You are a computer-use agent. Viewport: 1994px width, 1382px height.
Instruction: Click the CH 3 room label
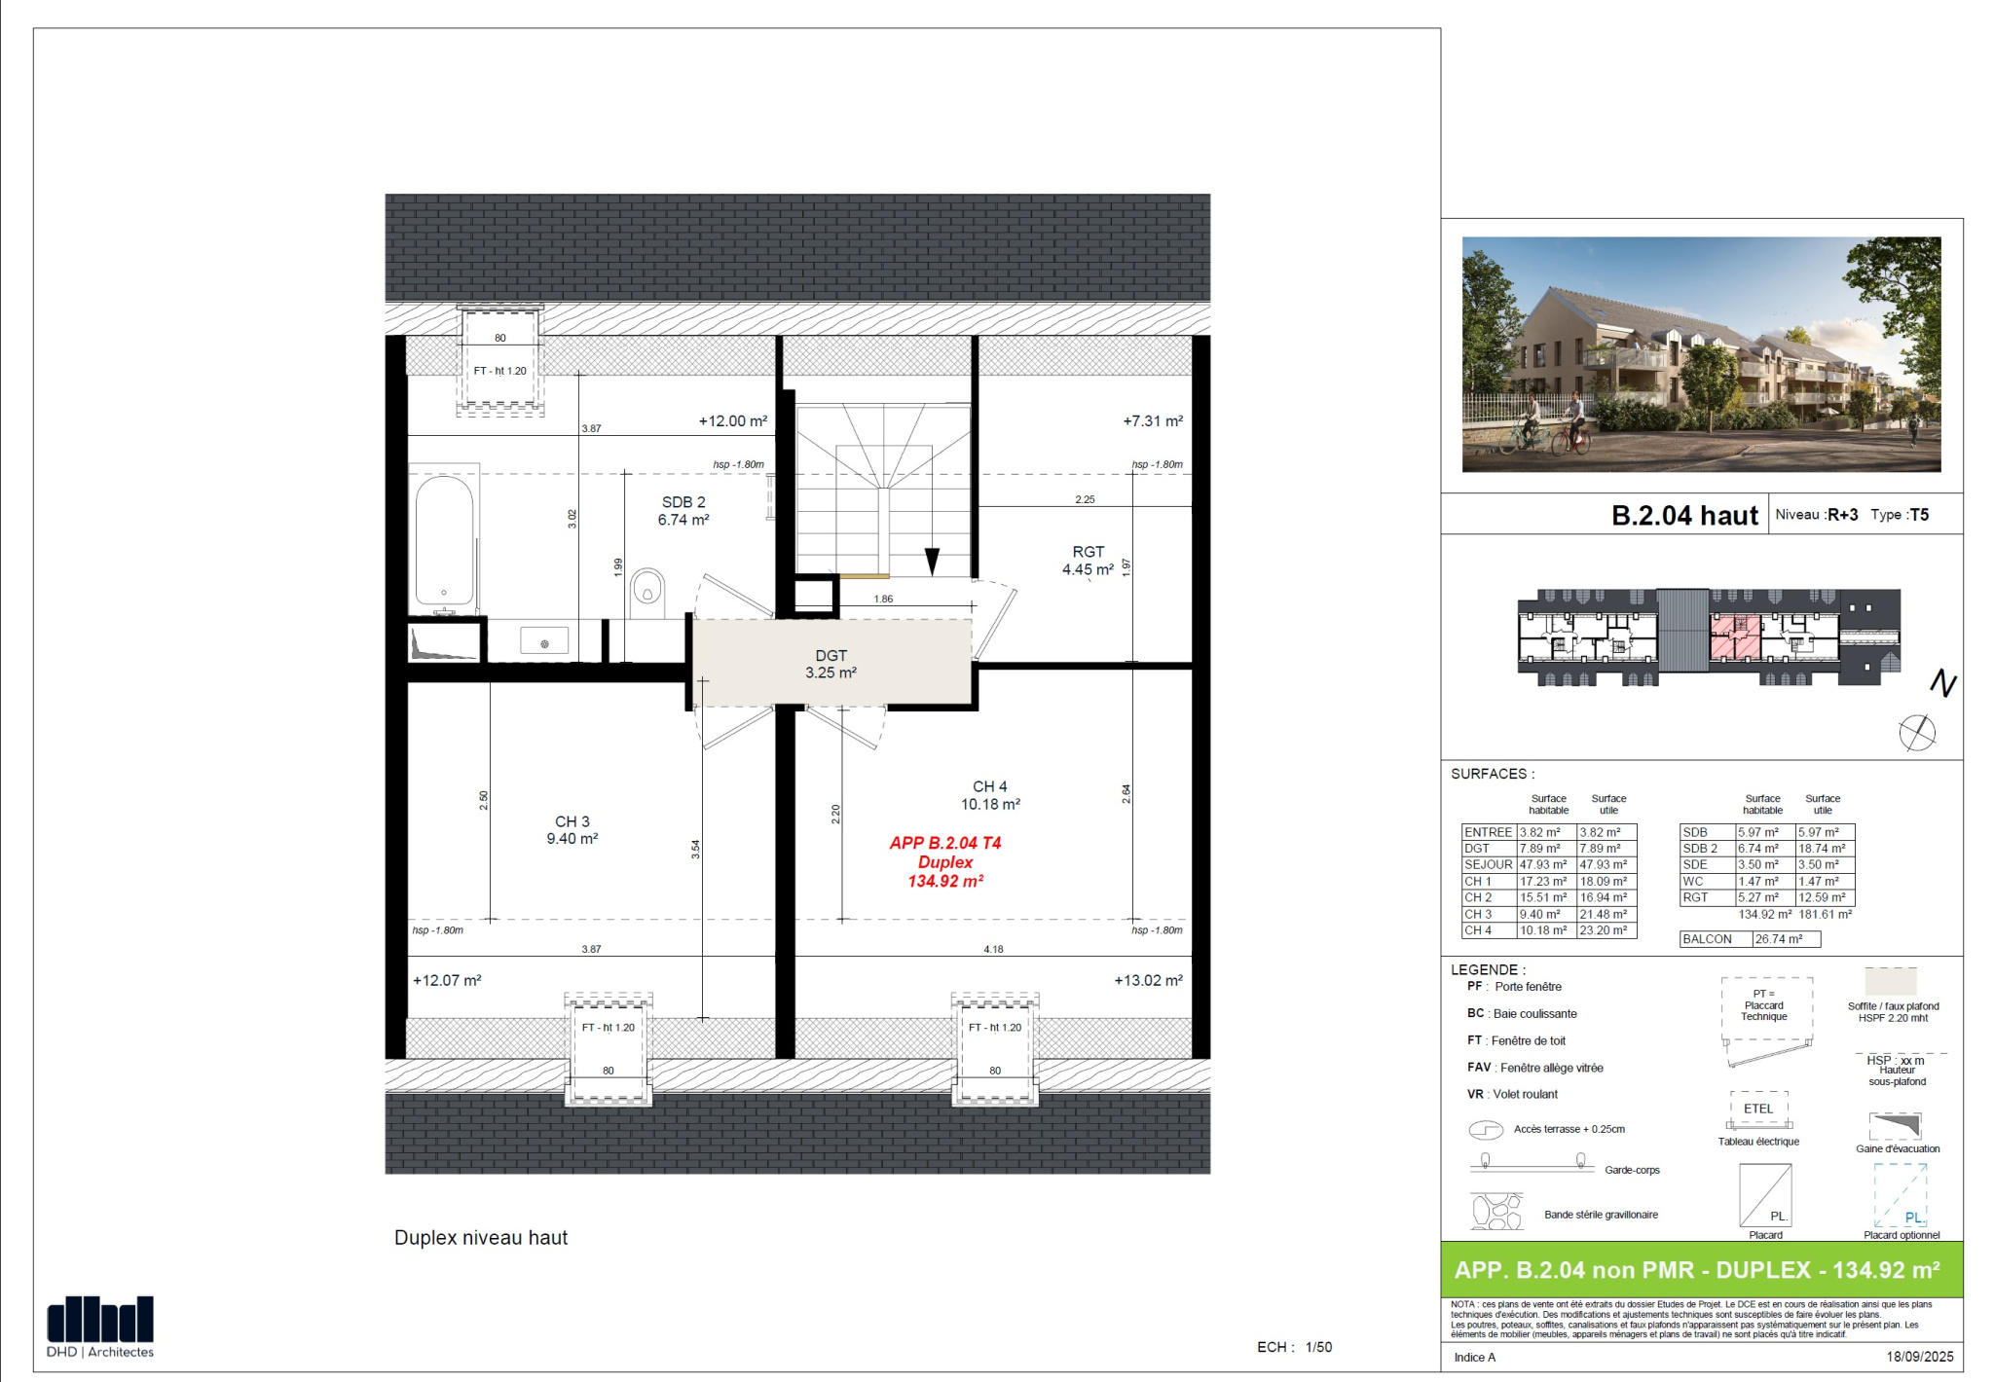coord(572,829)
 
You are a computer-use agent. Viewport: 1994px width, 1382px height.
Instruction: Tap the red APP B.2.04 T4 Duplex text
coord(945,861)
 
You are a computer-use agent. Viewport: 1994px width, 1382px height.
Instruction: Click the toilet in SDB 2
coord(647,593)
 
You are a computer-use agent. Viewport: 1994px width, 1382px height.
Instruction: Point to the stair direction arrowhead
coord(932,561)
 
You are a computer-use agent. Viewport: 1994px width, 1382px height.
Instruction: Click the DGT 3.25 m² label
coord(831,664)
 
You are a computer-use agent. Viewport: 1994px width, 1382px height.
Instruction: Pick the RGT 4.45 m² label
coord(1088,561)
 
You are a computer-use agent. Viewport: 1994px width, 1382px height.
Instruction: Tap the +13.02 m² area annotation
coord(1149,980)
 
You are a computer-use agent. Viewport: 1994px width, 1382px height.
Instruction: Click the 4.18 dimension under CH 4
coord(993,949)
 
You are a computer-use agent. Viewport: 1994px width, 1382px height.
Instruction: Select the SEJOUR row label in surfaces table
coord(1489,864)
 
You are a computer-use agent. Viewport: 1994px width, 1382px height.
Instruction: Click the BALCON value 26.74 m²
coord(1779,939)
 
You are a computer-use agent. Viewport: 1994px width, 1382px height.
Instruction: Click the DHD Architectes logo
coord(100,1327)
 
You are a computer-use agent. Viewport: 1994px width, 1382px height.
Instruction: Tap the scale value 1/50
coord(1319,1347)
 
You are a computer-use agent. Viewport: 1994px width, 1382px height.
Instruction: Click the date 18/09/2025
coord(1920,1357)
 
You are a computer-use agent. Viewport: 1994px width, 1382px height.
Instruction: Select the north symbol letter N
coord(1943,683)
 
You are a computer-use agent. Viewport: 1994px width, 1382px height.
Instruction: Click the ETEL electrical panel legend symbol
coord(1758,1109)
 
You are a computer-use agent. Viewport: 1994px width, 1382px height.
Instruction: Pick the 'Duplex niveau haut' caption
coord(481,1238)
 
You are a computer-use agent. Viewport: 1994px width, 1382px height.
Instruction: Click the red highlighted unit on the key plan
coord(1735,636)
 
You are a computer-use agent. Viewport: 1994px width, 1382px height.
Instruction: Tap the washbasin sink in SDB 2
coord(544,643)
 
